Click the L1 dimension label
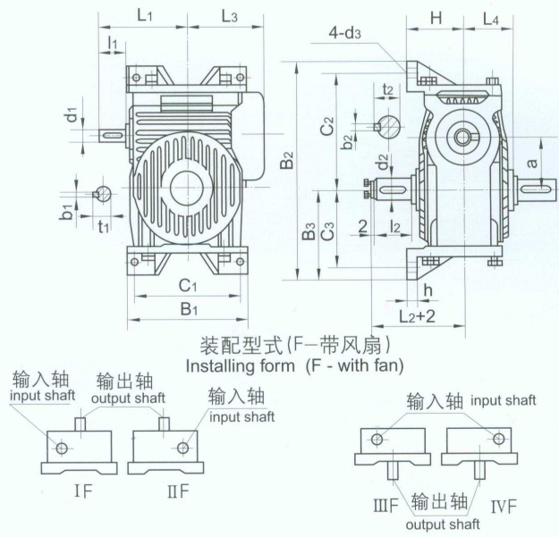click(x=146, y=16)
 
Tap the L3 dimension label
click(x=228, y=16)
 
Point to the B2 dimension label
click(x=285, y=162)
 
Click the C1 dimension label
click(x=187, y=286)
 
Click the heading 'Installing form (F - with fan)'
click(x=294, y=365)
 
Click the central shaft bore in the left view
click(x=186, y=187)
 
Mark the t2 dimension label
click(x=387, y=89)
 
